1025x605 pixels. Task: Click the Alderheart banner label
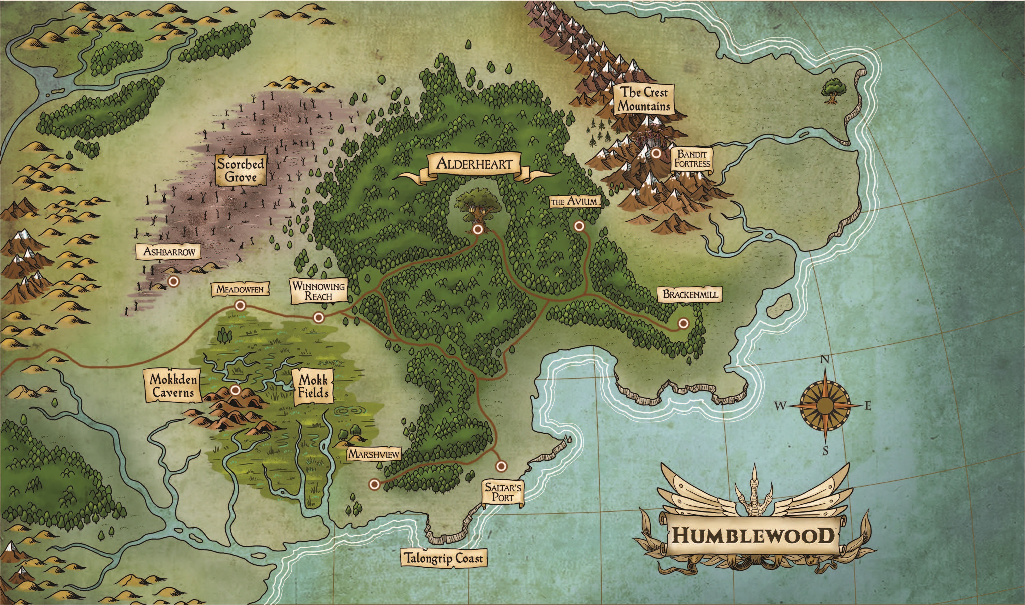click(x=474, y=164)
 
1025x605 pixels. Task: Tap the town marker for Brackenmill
click(x=683, y=323)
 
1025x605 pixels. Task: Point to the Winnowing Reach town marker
click(x=318, y=317)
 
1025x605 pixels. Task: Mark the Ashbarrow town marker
click(x=174, y=281)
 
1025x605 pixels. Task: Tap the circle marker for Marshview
click(x=374, y=484)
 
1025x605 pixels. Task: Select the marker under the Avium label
click(x=579, y=226)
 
